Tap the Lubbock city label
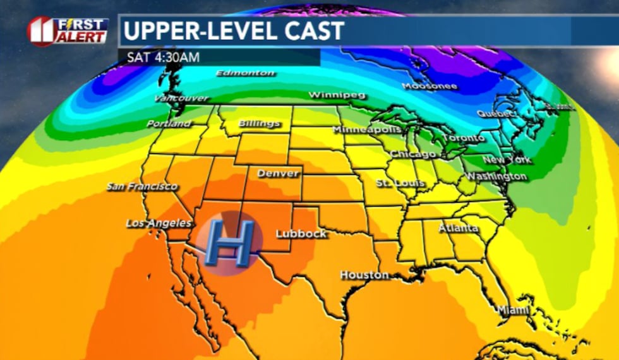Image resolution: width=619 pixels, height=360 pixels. pos(301,234)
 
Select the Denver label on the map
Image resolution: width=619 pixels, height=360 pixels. pos(278,173)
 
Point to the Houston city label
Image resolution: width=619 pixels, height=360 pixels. pos(364,275)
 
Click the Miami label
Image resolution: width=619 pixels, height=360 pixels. pos(512,310)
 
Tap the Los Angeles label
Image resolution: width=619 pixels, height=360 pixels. pos(159,223)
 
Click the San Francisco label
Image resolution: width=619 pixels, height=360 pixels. pos(142,186)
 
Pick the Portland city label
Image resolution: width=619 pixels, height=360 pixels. pos(169,124)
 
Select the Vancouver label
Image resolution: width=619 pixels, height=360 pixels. pos(181,99)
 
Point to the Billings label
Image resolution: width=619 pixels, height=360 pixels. pos(259,124)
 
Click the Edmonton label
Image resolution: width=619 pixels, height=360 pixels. pos(245,73)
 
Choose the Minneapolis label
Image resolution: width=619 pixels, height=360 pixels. pos(367,129)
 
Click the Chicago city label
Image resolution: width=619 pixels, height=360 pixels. pos(413,154)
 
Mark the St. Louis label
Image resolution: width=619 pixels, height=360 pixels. pos(399,183)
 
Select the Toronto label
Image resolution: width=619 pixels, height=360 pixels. pos(463,138)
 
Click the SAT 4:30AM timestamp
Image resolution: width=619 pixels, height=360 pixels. pos(164,57)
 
